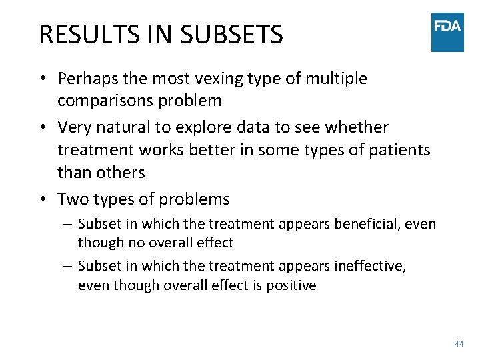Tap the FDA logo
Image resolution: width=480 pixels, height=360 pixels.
(447, 32)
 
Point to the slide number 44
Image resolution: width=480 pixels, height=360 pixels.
(458, 343)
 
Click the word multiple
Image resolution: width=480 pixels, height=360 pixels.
(337, 79)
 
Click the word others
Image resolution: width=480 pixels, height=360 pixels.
(119, 172)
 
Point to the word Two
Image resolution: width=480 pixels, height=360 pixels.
(72, 199)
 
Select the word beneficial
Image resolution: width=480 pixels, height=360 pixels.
(370, 224)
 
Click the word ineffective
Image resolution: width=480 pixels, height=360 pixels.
(369, 266)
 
